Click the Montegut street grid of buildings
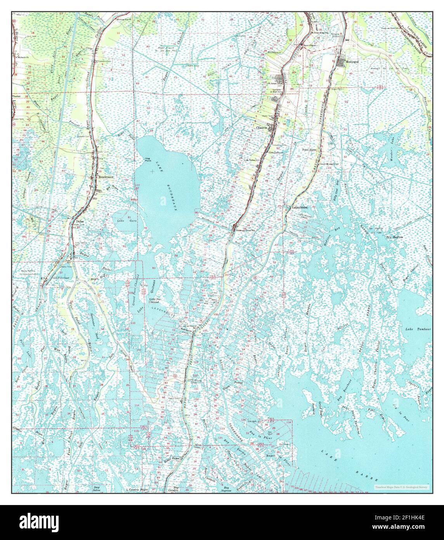[342, 62]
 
